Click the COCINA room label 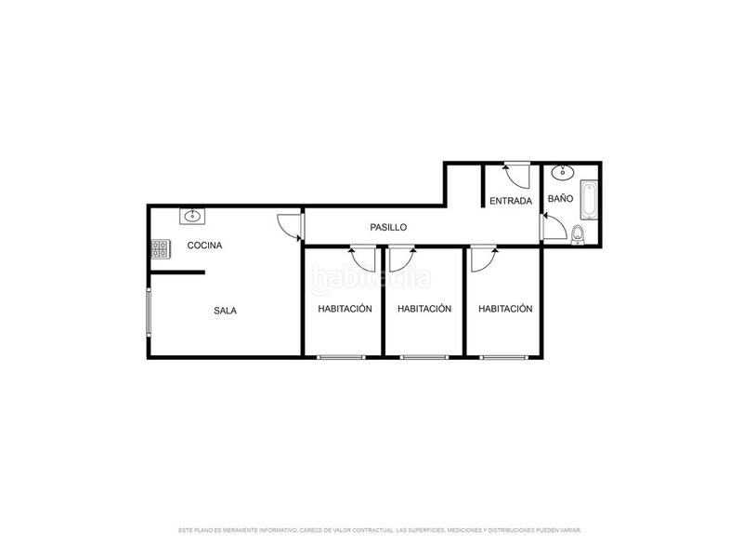tap(204, 246)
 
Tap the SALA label tap(225, 311)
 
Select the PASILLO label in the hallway tap(388, 227)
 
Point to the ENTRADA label tap(511, 201)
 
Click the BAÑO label tap(560, 199)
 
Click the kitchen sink tap(192, 217)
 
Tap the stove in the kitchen tap(161, 249)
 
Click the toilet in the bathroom tap(578, 233)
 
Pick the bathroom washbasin tap(562, 172)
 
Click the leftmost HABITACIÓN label tap(345, 309)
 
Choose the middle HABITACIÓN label tap(424, 309)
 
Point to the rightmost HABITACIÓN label tap(505, 309)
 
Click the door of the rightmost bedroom tap(483, 259)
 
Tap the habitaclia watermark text tap(371, 277)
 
